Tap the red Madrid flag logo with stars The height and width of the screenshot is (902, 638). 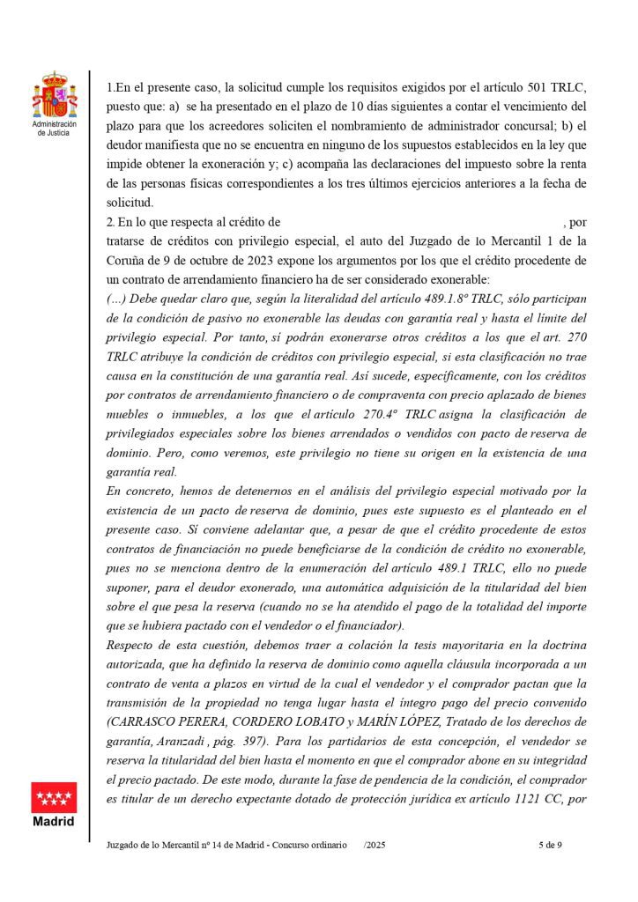point(54,797)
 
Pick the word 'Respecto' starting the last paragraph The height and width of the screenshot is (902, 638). point(132,644)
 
